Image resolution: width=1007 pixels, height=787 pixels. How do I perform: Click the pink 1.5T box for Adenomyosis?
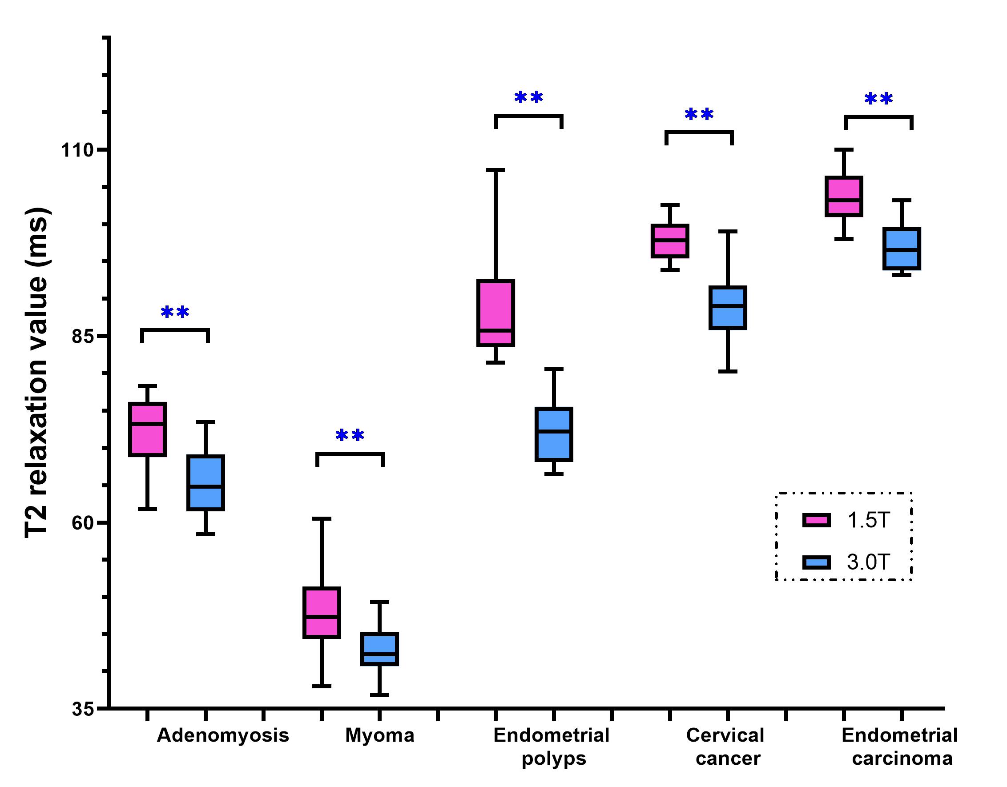148,429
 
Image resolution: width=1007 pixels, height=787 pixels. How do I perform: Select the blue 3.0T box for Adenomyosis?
205,483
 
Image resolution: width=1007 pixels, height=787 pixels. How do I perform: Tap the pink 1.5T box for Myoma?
322,613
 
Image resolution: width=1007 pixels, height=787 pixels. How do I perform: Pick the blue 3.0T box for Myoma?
379,649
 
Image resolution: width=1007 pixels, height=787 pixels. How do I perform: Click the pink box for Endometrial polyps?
495,313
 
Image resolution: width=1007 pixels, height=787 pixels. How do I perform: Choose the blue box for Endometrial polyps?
554,434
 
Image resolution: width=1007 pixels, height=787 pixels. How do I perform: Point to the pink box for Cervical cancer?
670,241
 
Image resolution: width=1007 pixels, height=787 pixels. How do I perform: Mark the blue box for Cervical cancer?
728,308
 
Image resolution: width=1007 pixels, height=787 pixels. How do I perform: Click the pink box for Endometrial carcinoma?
844,196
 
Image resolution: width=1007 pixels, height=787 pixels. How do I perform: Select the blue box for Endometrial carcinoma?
902,249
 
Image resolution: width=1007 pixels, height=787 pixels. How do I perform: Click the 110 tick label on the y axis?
77,150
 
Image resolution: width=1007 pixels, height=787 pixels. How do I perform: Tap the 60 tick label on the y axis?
83,523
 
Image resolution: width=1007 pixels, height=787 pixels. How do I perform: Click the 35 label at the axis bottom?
83,709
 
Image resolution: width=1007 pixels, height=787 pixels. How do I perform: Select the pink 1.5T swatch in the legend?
817,521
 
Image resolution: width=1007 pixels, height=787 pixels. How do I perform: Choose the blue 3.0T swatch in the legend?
817,562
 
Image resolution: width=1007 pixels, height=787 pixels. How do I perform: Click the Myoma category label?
379,735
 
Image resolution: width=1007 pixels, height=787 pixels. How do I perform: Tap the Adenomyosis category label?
223,735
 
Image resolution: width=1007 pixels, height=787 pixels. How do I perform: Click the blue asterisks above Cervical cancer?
699,114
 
